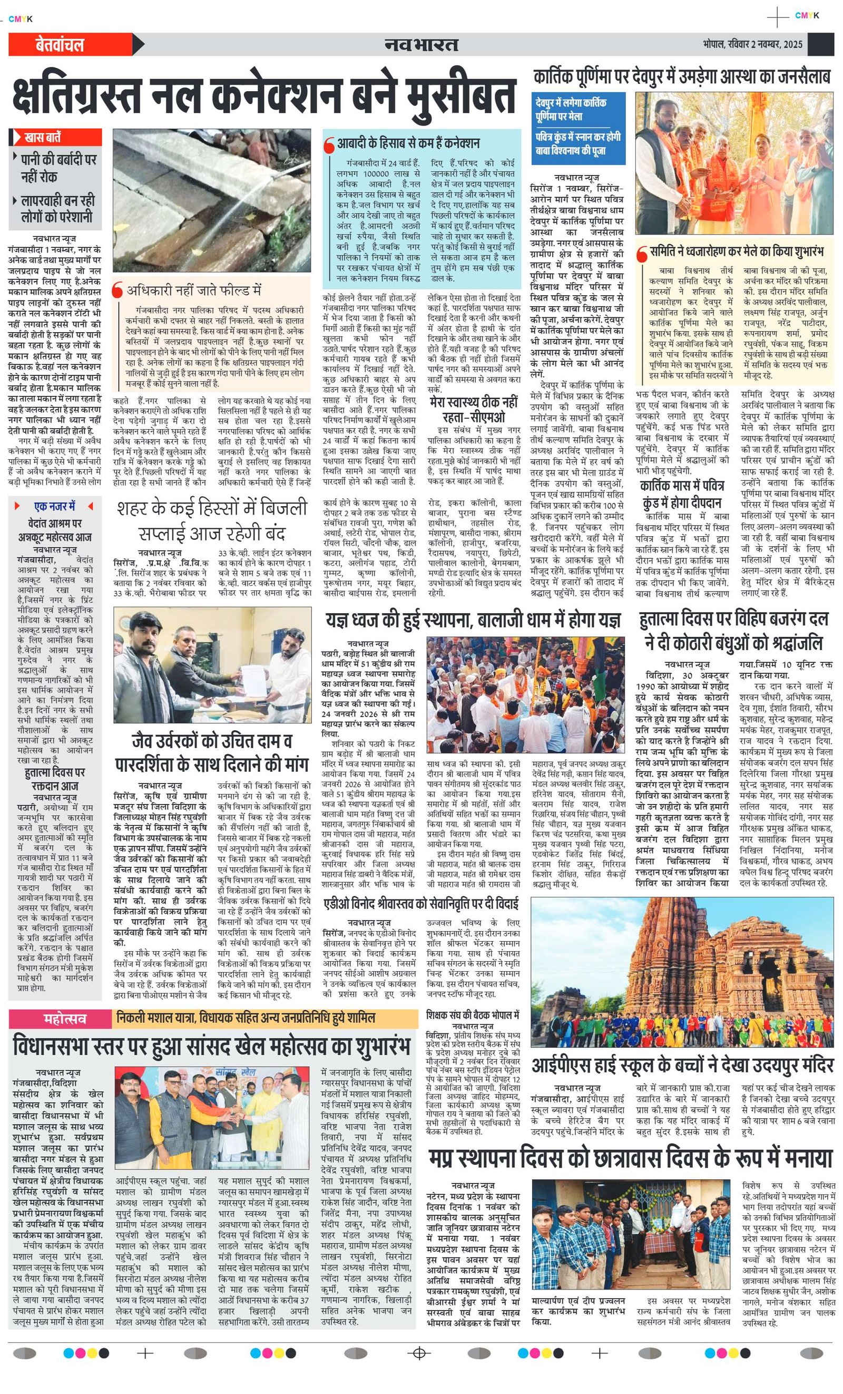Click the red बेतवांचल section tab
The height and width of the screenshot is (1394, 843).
coord(60,45)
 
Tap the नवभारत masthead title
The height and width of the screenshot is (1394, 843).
coord(420,45)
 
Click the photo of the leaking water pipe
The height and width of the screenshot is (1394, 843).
coord(211,199)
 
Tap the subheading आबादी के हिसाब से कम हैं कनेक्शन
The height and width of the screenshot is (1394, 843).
coord(408,143)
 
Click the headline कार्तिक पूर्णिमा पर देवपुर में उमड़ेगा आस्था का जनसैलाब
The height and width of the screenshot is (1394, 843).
coord(681,76)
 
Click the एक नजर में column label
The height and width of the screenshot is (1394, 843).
coord(55,506)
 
